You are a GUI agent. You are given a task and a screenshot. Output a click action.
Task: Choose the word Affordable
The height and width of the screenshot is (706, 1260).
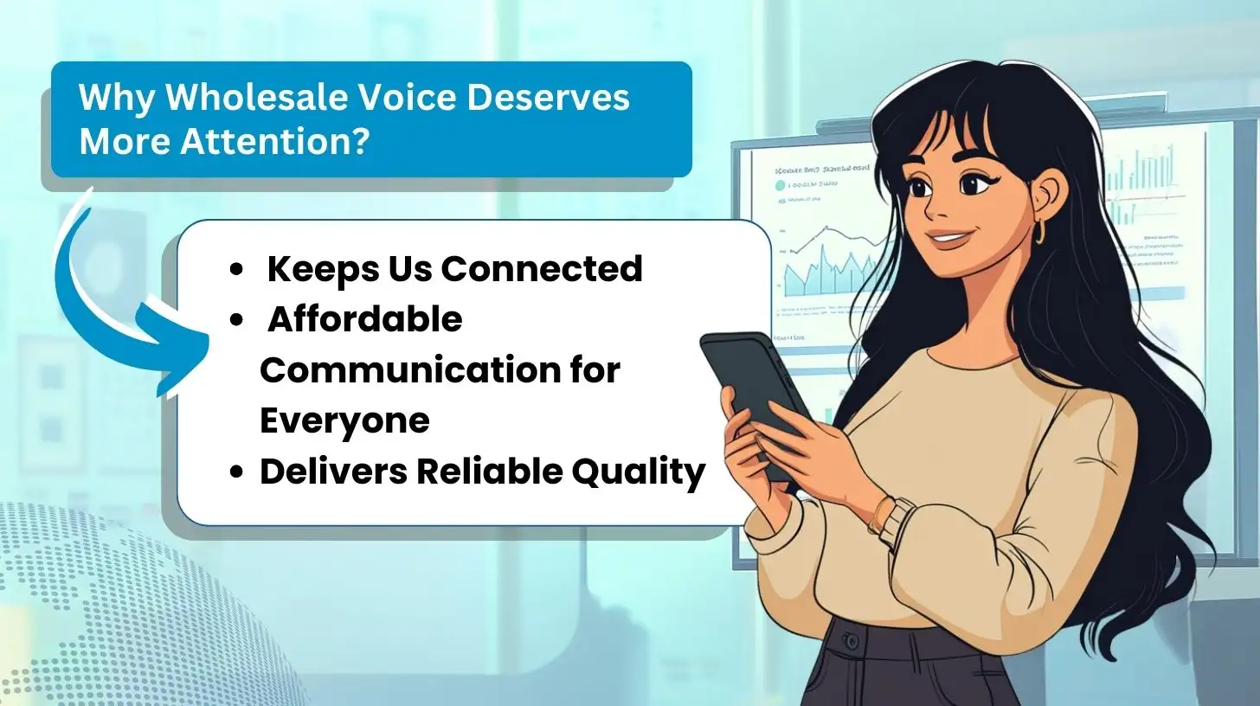point(364,320)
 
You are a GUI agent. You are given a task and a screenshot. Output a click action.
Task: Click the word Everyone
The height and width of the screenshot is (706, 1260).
point(344,421)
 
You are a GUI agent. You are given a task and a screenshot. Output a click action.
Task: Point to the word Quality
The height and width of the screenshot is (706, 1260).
point(640,472)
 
